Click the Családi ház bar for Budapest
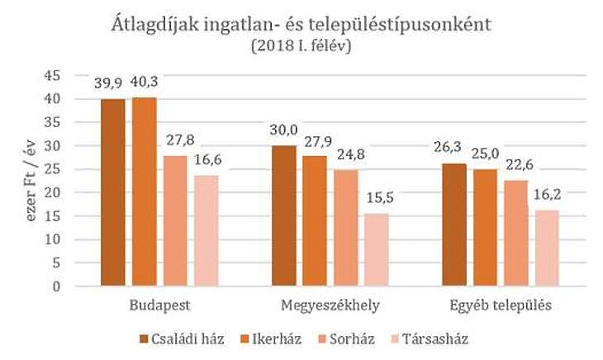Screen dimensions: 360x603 [x=113, y=192]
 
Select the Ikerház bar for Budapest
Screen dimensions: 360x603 [x=144, y=192]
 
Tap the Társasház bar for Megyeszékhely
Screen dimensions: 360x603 [x=376, y=249]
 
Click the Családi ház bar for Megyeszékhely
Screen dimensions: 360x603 [x=284, y=216]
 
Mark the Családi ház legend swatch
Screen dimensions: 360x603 [x=143, y=339]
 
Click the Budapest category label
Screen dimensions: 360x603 [x=159, y=305]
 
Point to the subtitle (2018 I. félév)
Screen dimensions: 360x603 [x=302, y=47]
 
